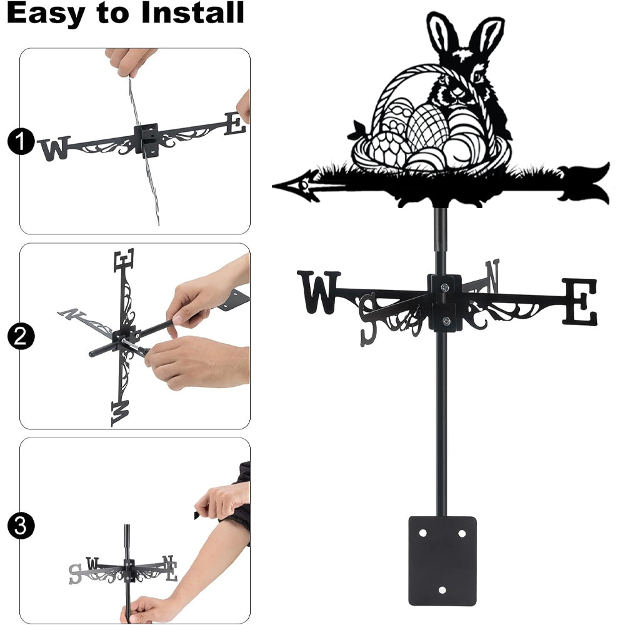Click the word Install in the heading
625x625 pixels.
(192, 12)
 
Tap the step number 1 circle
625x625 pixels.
(20, 141)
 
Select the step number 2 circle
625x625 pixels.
(20, 337)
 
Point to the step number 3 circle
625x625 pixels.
(20, 526)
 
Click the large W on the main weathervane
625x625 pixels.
(319, 292)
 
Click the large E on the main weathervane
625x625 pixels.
(580, 302)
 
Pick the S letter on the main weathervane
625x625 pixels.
(368, 319)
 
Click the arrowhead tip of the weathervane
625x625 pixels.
(272, 186)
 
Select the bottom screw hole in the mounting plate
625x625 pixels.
(442, 590)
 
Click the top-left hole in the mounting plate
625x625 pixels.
(422, 533)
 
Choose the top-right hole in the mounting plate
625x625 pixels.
(462, 533)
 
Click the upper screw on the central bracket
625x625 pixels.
(444, 286)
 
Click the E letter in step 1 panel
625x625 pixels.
(235, 124)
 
